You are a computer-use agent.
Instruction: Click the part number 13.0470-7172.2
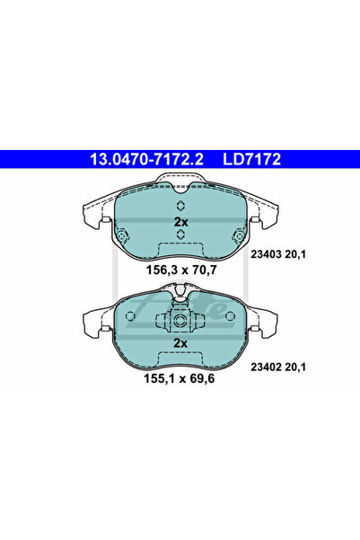[146, 159]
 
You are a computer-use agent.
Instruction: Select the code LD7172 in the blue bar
[252, 159]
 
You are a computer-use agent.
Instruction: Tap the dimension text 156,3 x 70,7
[181, 270]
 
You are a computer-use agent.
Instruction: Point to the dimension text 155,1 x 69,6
[179, 378]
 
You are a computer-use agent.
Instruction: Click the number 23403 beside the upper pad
[264, 254]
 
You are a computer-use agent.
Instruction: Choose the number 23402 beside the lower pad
[264, 367]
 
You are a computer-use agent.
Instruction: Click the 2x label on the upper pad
[180, 222]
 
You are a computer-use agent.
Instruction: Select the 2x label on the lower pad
[180, 343]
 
